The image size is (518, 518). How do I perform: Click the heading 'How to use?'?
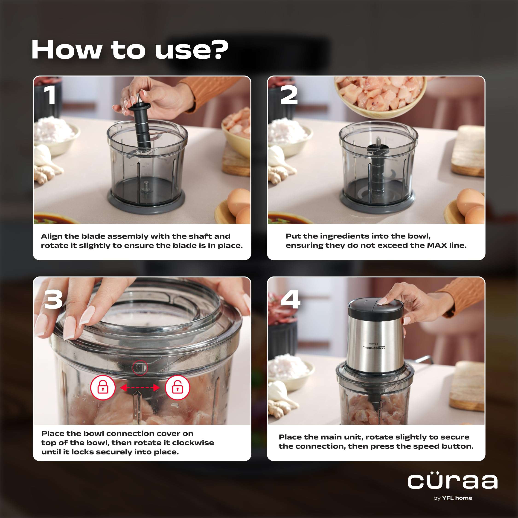(x=129, y=50)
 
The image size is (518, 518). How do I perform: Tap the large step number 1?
(x=50, y=95)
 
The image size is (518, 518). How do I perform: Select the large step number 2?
(x=289, y=95)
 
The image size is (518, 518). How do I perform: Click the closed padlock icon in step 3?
(x=103, y=388)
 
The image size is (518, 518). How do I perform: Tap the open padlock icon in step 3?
(x=177, y=388)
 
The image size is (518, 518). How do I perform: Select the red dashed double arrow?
(x=140, y=388)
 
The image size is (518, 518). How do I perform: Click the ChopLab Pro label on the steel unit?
(x=374, y=347)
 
